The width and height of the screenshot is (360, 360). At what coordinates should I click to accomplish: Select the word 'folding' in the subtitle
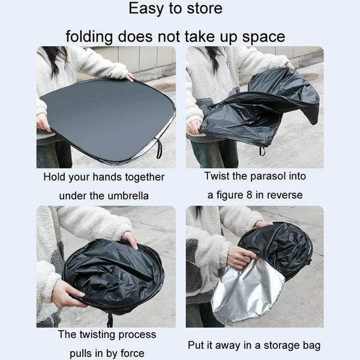coord(89,37)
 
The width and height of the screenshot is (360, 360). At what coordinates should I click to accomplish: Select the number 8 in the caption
coord(249,195)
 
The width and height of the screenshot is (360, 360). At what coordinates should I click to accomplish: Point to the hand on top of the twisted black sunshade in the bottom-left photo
coord(131,239)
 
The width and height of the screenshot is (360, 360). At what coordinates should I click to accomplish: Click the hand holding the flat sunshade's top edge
coord(129,77)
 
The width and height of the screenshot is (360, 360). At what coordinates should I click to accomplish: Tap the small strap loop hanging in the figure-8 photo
coord(262,151)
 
